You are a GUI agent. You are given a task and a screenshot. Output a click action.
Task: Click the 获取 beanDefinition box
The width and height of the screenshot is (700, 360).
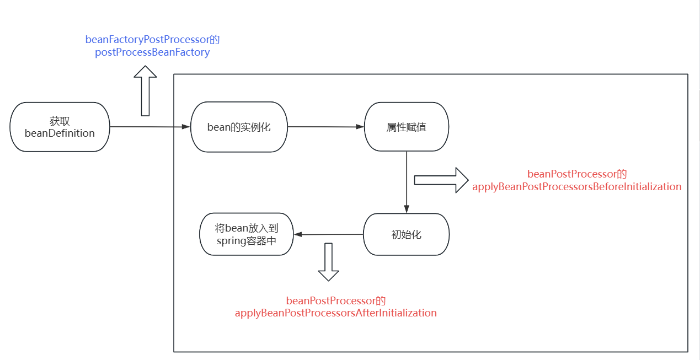pos(60,127)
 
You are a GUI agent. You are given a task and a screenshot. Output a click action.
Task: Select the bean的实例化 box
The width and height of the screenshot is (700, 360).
pos(239,127)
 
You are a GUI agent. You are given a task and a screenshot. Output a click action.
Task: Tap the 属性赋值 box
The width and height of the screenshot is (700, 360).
pos(407,127)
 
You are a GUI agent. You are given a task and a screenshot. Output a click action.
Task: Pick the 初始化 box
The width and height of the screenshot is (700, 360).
pos(407,234)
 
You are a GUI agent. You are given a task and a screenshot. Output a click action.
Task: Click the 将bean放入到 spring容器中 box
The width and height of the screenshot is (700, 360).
pos(246,234)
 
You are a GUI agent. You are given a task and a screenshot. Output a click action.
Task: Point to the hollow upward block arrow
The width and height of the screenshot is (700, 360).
pos(146,90)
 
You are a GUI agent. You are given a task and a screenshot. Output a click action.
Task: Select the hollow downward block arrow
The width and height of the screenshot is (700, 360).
pos(329,262)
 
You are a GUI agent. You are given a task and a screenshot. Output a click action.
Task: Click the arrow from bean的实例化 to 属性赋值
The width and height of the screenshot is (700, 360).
pos(325,127)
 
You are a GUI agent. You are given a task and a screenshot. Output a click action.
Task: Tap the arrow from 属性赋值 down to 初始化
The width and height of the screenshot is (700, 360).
pos(407,182)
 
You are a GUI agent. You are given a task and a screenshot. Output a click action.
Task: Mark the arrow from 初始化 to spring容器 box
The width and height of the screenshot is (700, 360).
pos(328,234)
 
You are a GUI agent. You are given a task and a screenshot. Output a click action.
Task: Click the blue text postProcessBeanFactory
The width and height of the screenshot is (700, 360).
pos(152,52)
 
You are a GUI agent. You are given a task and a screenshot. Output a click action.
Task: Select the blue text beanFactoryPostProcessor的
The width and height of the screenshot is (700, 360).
pos(153,40)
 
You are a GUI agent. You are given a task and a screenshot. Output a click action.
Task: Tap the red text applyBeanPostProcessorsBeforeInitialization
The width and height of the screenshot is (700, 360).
pos(577,186)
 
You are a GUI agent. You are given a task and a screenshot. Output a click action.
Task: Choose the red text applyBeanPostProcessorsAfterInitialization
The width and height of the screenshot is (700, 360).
pos(336,313)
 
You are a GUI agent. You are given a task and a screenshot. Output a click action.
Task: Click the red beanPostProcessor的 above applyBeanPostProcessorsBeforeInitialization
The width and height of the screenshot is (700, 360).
pos(577,174)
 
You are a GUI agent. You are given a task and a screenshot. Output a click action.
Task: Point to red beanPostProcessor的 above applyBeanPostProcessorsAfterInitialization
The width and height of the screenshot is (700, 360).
pos(336,301)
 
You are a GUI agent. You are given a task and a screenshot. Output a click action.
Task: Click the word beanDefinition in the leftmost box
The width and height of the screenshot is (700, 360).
pos(60,133)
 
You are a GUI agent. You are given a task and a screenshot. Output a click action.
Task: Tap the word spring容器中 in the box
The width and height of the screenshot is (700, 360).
pos(246,241)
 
